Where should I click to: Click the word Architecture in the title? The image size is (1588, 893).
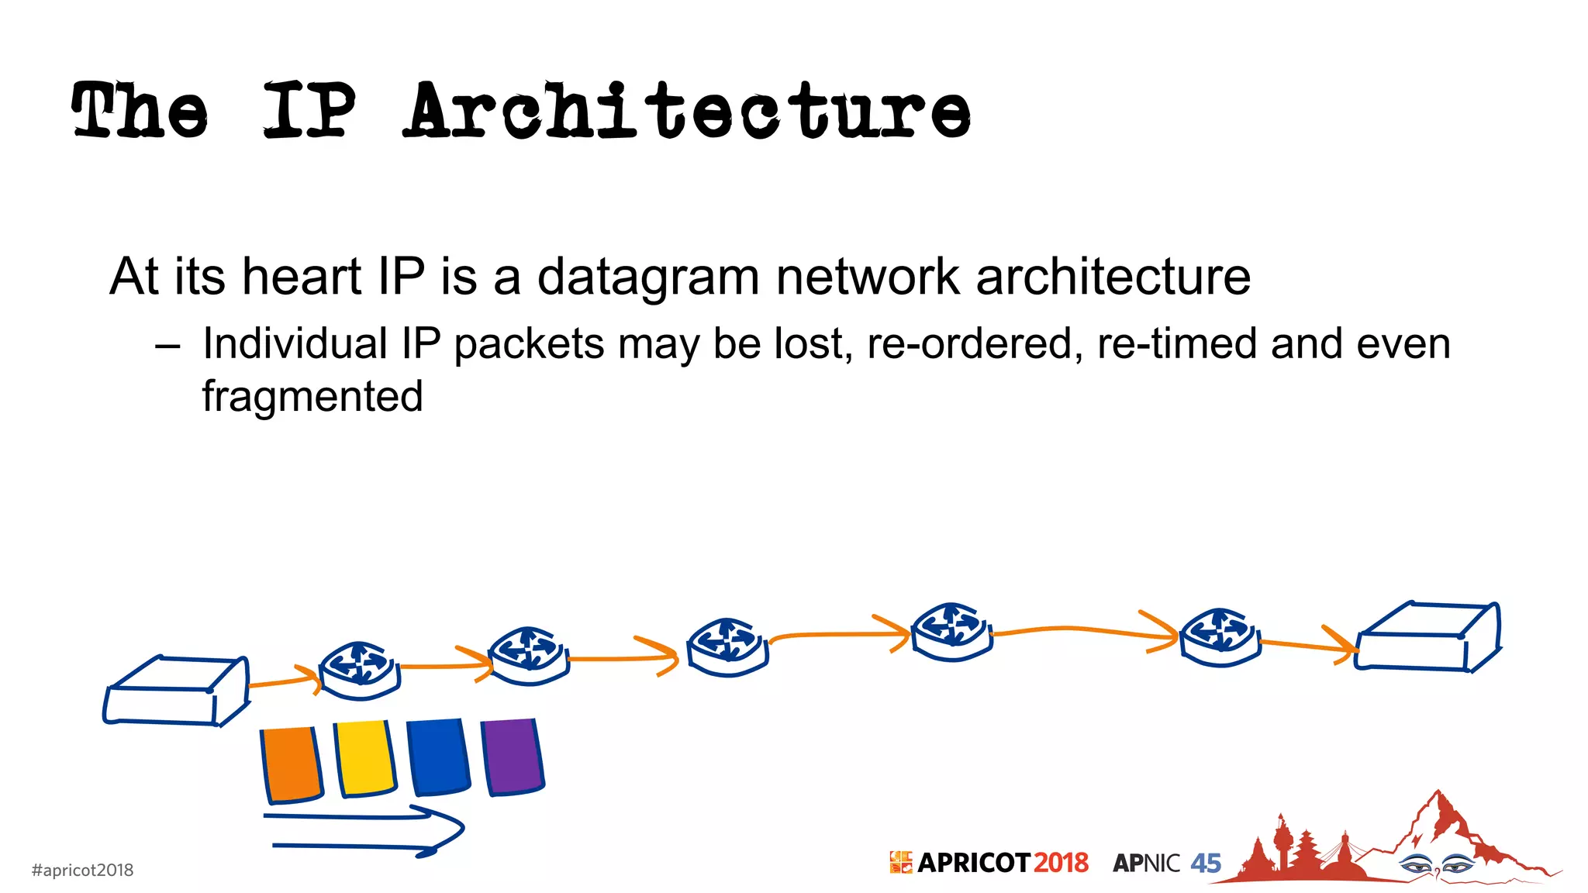tap(687, 111)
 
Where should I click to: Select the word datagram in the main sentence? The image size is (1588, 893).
tap(648, 278)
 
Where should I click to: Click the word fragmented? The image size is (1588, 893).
tap(312, 397)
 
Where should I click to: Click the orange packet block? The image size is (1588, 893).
tap(291, 764)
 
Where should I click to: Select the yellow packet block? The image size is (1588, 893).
tap(364, 758)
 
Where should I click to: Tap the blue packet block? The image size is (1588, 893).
tap(438, 757)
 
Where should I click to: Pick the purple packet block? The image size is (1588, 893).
tap(512, 757)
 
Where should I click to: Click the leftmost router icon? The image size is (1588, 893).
tap(359, 669)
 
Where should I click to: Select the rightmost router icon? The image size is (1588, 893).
tap(1220, 636)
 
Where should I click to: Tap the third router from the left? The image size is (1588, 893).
tap(727, 646)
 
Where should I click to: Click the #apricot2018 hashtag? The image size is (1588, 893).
tap(82, 870)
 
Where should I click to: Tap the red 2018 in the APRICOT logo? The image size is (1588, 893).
tap(1060, 863)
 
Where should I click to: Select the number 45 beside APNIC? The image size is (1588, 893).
tap(1206, 863)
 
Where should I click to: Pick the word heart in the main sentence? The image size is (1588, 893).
tap(302, 276)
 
